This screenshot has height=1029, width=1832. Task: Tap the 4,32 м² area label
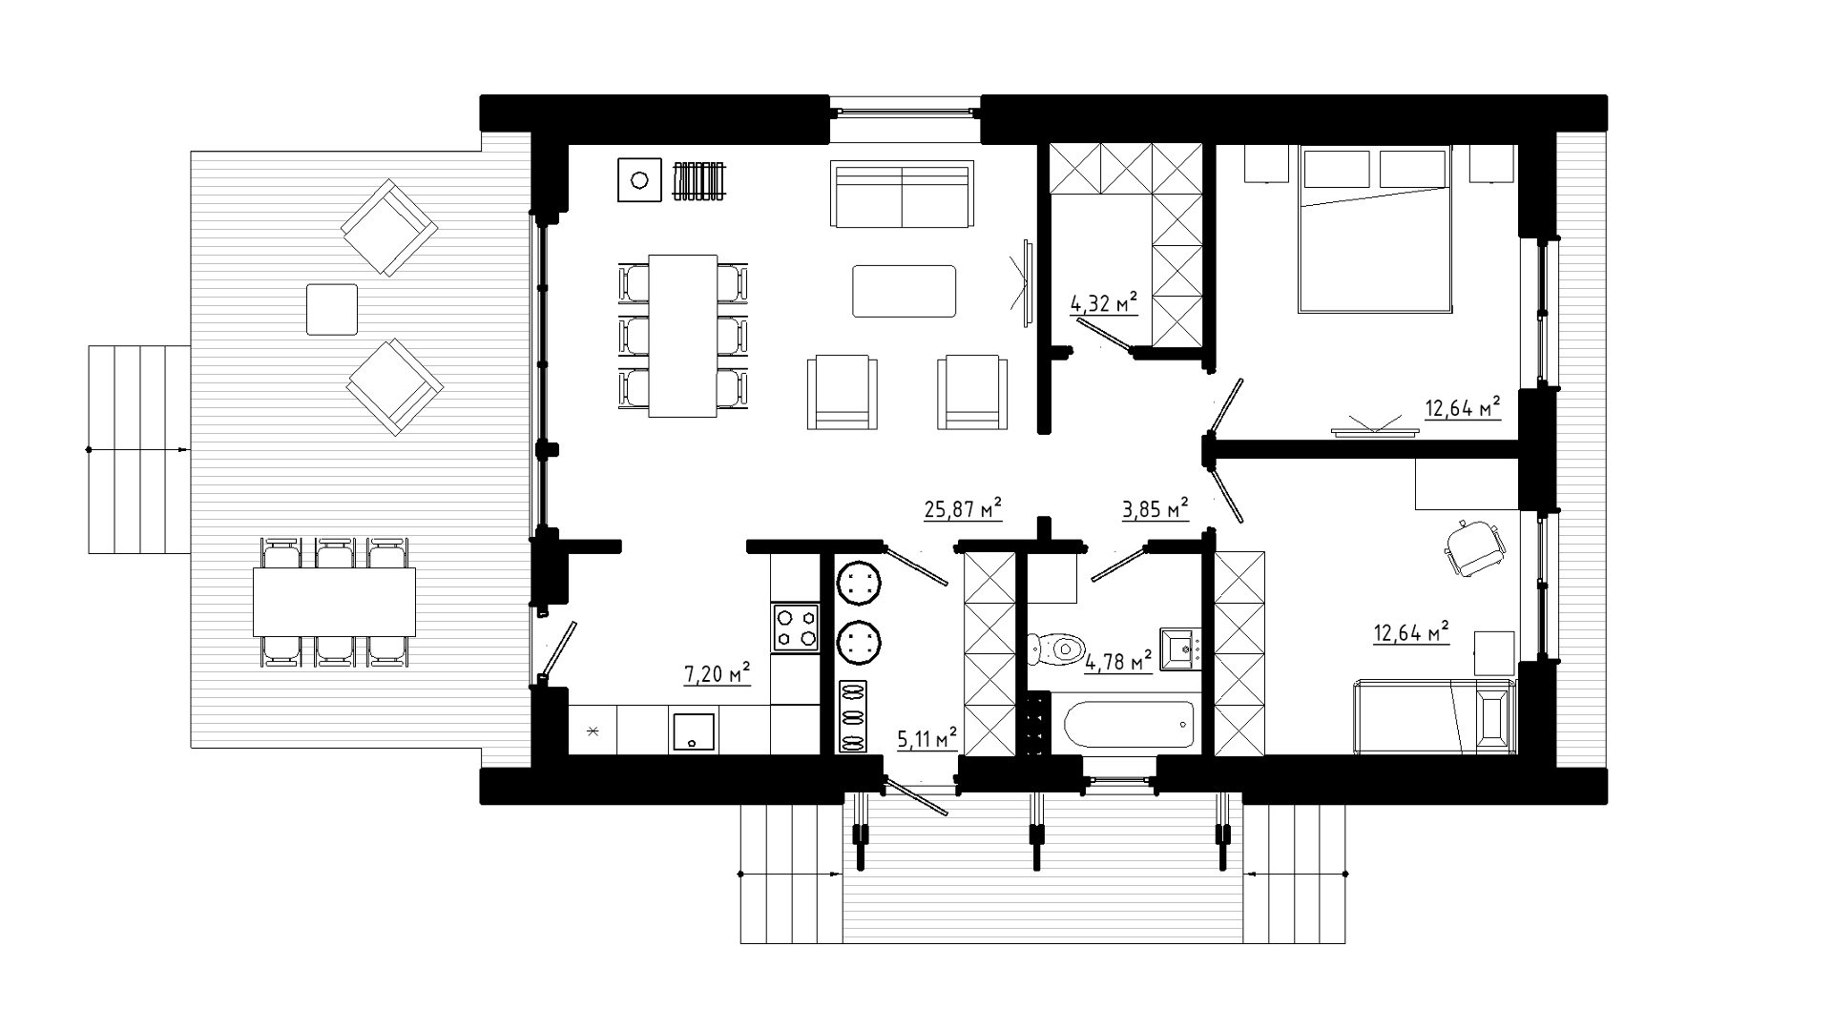pos(1104,304)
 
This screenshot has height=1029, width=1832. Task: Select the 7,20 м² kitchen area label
pos(717,674)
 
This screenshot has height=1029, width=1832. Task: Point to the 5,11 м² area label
pos(926,738)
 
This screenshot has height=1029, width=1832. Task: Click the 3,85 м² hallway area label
pos(1155,509)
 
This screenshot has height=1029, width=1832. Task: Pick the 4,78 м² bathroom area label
pos(1118,661)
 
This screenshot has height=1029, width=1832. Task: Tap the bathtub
pos(1129,725)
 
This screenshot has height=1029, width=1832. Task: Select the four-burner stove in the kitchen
pos(796,628)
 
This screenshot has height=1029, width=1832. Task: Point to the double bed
pos(1374,229)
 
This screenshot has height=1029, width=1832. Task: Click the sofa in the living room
pos(902,194)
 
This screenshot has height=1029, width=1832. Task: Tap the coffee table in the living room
pos(904,291)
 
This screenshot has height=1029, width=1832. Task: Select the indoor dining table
pos(683,336)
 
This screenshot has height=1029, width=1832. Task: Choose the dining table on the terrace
pos(334,602)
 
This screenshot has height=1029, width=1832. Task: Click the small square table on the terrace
pos(332,309)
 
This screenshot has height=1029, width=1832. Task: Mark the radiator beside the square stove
pos(700,180)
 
